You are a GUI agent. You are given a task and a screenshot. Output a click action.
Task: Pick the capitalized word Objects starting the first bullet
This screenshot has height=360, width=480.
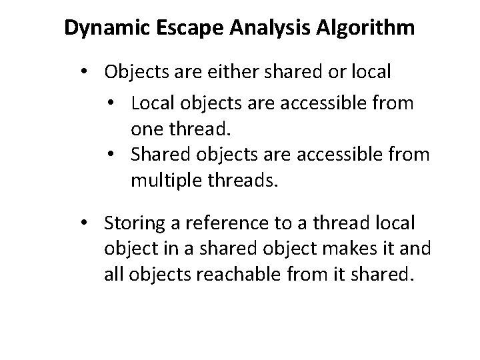click(136, 71)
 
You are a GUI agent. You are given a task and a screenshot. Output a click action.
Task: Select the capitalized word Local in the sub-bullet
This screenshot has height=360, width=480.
click(151, 103)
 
